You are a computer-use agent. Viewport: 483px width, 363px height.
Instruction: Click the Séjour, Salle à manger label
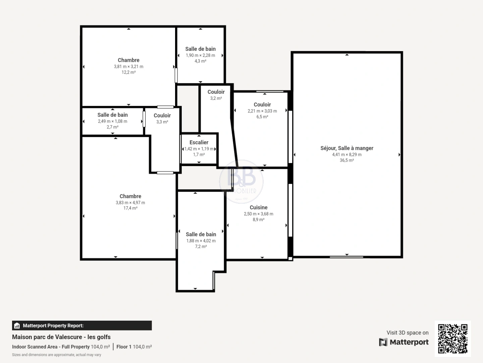[346, 148]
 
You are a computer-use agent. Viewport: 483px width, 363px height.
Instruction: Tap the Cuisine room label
[258, 207]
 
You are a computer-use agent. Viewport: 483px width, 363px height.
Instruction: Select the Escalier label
[199, 143]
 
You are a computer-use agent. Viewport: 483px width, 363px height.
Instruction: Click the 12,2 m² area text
[128, 72]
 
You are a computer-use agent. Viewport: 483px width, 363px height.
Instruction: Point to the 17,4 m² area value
[130, 208]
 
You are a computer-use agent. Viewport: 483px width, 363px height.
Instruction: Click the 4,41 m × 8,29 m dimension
[346, 155]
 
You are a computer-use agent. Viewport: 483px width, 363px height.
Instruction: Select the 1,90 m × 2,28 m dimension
[200, 55]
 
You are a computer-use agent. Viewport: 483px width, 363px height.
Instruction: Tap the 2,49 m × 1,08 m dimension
[112, 121]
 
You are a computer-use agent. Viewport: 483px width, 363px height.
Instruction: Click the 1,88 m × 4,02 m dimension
[201, 241]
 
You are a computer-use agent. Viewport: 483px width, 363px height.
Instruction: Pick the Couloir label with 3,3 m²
[162, 116]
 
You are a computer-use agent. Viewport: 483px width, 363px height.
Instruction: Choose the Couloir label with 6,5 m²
[262, 105]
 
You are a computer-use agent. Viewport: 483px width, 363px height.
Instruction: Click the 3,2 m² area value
[216, 98]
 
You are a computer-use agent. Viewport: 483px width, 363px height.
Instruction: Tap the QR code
[453, 338]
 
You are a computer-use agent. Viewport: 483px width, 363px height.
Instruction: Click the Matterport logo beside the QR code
[404, 342]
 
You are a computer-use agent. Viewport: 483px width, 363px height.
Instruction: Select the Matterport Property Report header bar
[82, 325]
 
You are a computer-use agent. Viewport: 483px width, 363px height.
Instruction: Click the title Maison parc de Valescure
[61, 337]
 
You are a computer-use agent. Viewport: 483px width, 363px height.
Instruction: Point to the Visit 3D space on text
[407, 332]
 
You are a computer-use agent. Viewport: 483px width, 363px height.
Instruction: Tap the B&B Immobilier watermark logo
[241, 182]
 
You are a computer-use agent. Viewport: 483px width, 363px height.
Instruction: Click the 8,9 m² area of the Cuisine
[258, 220]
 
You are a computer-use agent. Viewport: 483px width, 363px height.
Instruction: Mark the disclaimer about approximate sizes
[56, 355]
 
